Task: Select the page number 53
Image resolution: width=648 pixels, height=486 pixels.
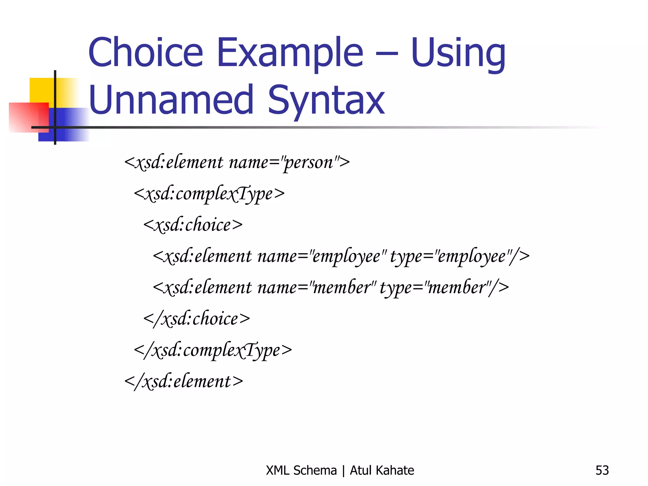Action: [x=602, y=470]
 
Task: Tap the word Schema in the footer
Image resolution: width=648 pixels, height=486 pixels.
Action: [x=315, y=470]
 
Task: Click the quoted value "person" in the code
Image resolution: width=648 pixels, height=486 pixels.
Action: [x=309, y=163]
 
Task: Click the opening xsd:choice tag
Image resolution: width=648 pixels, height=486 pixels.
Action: [x=193, y=225]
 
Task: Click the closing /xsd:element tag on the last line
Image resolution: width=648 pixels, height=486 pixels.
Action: [x=184, y=382]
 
